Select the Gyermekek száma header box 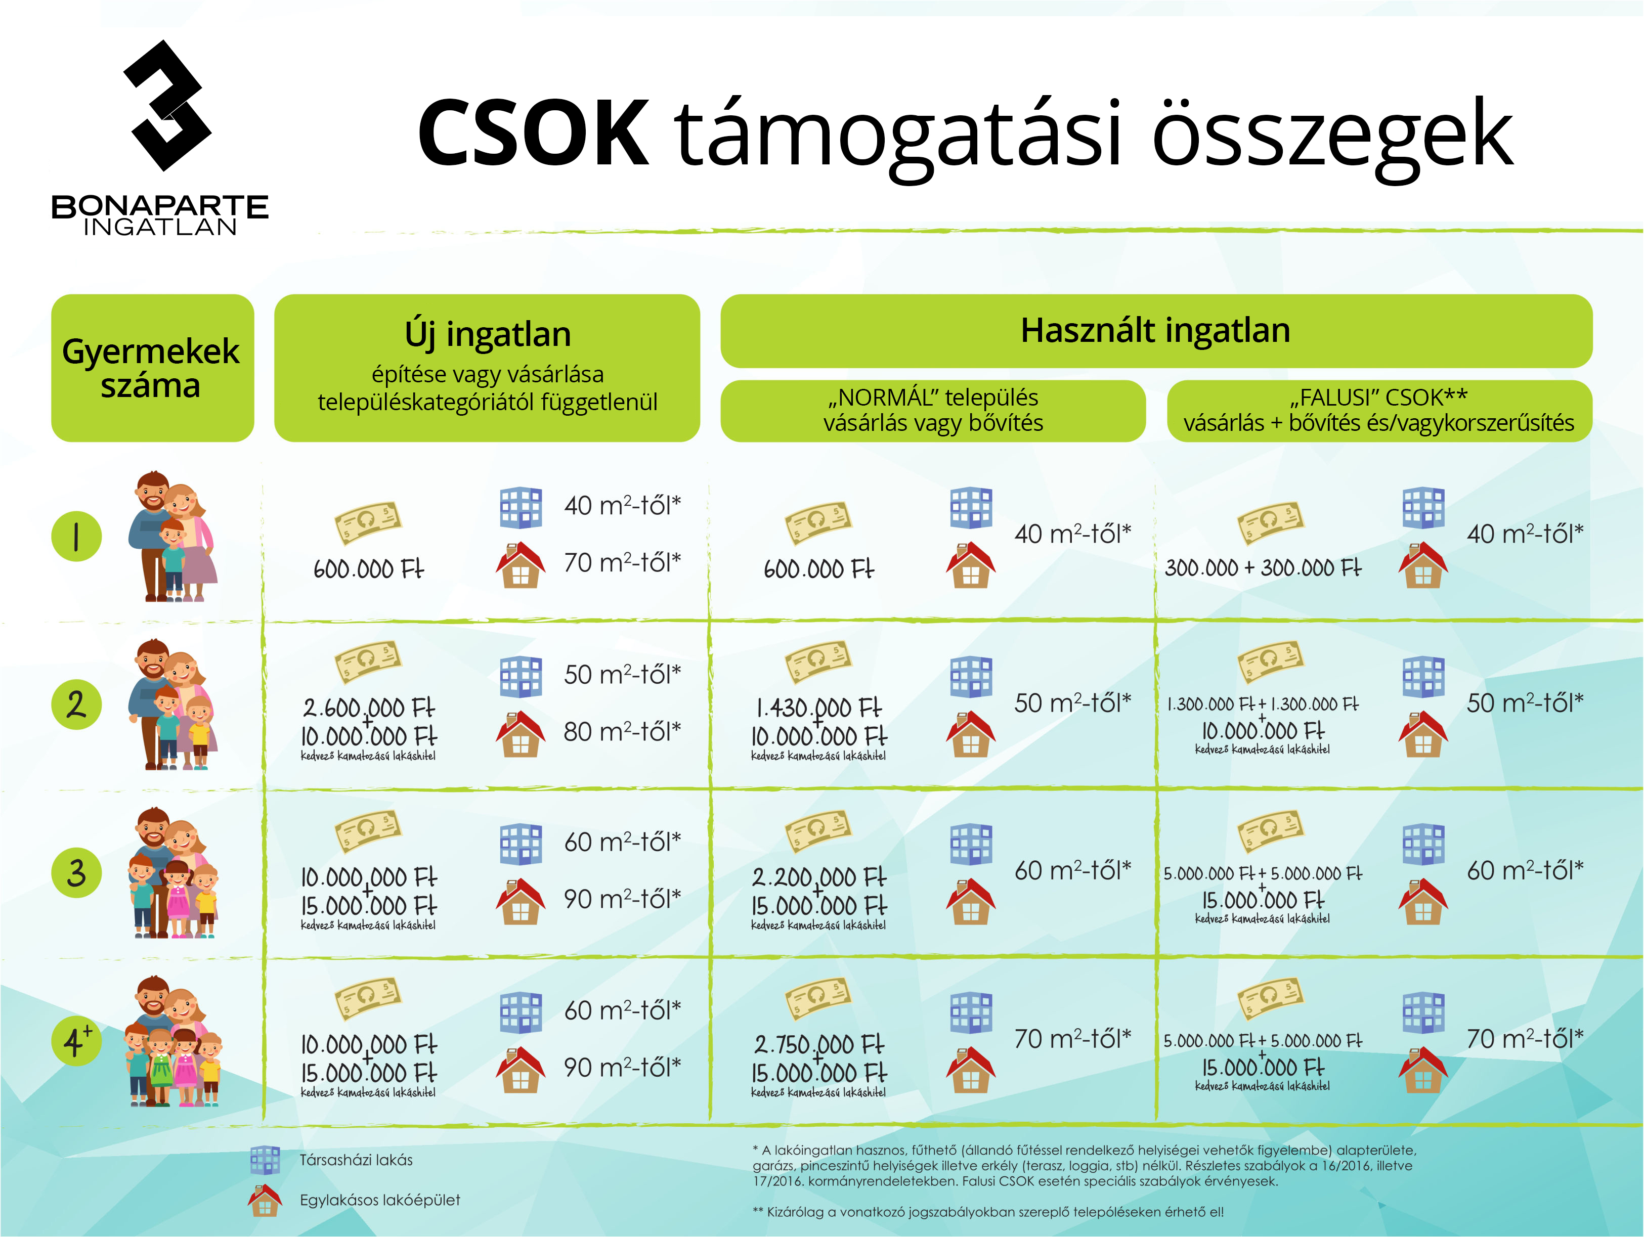[x=152, y=368]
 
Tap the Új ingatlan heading [x=488, y=334]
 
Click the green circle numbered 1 [x=76, y=537]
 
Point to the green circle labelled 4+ [x=76, y=1041]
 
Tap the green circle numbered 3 [x=76, y=873]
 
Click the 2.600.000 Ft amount [x=369, y=706]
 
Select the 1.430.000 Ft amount [x=818, y=706]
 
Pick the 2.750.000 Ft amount [x=818, y=1044]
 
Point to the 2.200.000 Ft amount [x=818, y=877]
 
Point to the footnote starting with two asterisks [x=988, y=1212]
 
